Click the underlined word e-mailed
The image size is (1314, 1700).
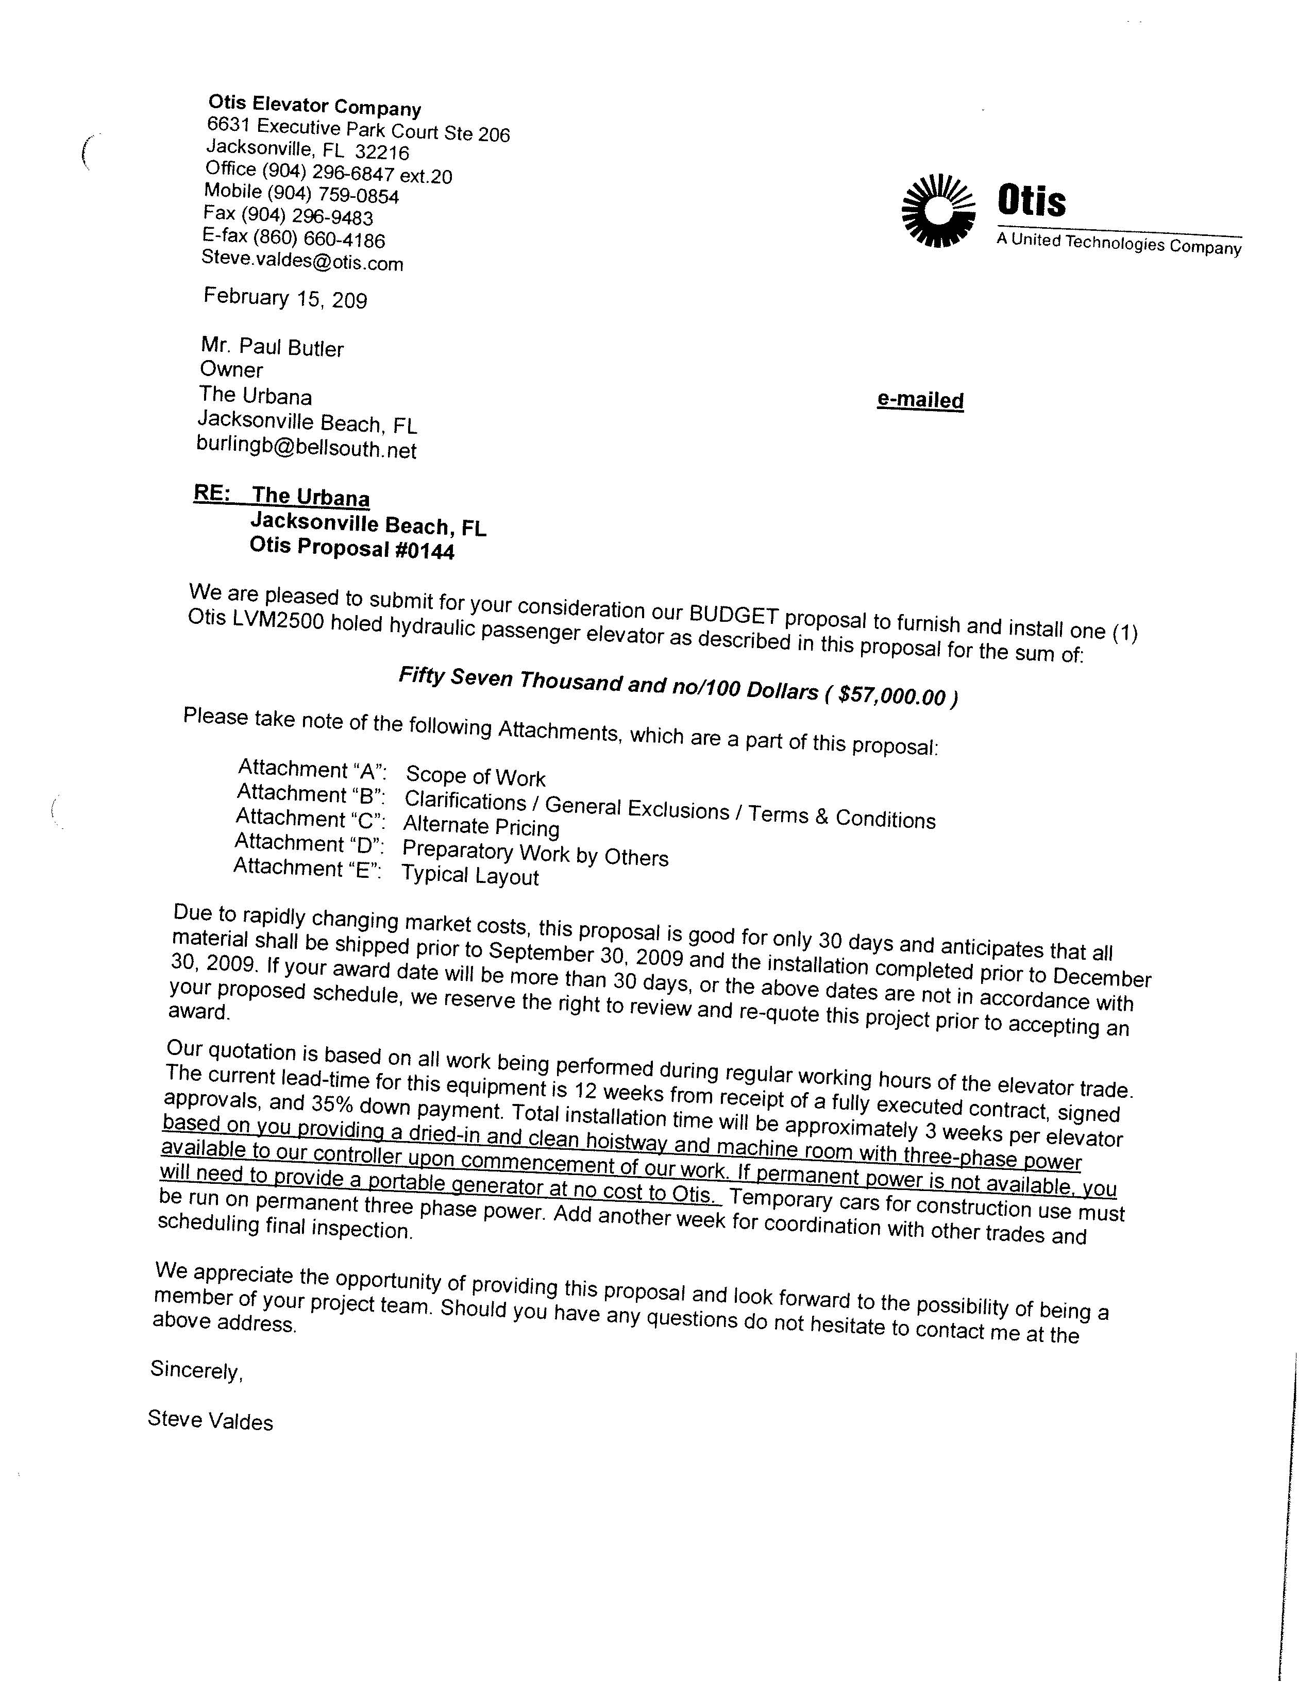tap(920, 400)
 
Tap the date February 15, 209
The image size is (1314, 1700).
tap(285, 298)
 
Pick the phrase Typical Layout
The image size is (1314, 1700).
tap(470, 876)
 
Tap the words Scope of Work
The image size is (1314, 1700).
tap(476, 776)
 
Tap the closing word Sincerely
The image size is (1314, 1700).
tap(197, 1370)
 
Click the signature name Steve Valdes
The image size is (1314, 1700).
tap(210, 1421)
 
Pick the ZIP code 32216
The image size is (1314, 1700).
tap(381, 152)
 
